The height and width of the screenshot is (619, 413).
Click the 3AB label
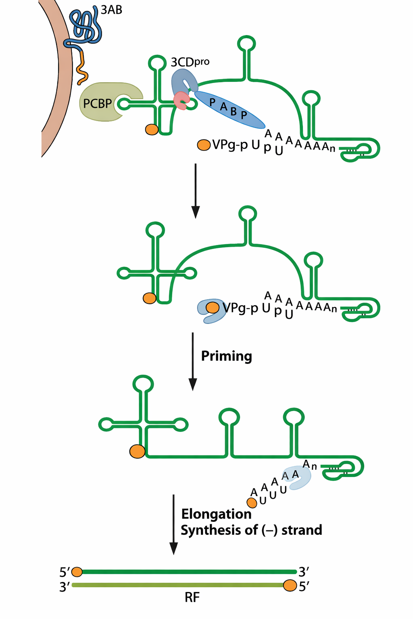click(111, 10)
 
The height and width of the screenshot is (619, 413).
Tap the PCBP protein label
click(97, 104)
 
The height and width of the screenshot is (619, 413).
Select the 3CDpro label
click(190, 62)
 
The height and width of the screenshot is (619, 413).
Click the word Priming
click(226, 356)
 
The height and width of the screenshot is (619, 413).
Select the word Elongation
click(216, 514)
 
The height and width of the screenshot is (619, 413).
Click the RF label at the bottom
click(192, 597)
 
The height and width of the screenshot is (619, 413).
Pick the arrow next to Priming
click(193, 361)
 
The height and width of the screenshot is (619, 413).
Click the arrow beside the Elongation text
click(173, 524)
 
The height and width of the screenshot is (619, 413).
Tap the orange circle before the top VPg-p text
click(204, 145)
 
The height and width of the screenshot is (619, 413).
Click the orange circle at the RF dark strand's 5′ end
click(77, 572)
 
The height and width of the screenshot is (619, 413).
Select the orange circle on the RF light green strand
click(290, 586)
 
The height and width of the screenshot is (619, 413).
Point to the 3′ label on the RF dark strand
click(304, 571)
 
